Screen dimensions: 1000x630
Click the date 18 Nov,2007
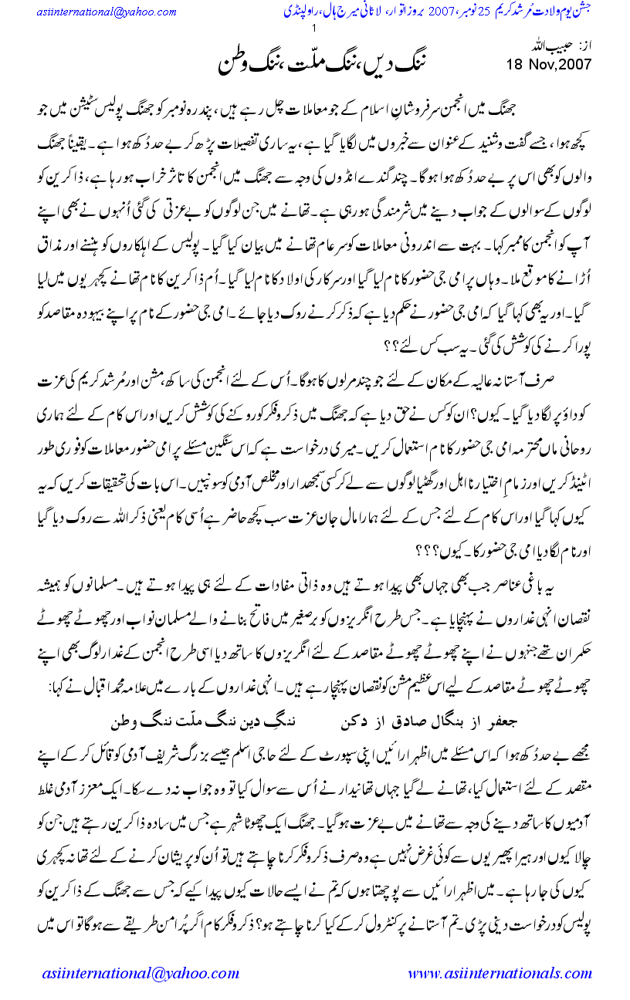click(x=548, y=65)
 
